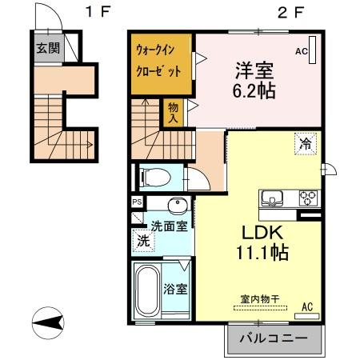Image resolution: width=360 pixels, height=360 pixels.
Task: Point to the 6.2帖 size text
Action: (255, 90)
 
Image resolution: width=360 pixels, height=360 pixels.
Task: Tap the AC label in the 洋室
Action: (302, 51)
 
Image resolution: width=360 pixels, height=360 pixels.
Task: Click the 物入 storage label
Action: (172, 112)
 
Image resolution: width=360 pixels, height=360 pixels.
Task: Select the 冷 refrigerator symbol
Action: (305, 144)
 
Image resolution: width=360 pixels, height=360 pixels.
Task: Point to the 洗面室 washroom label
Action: (169, 226)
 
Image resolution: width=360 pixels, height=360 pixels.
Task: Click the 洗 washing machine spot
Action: (142, 240)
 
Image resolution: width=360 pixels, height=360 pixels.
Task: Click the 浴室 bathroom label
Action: (178, 288)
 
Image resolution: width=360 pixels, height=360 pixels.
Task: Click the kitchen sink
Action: (270, 198)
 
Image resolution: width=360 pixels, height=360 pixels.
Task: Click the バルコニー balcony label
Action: (274, 339)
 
